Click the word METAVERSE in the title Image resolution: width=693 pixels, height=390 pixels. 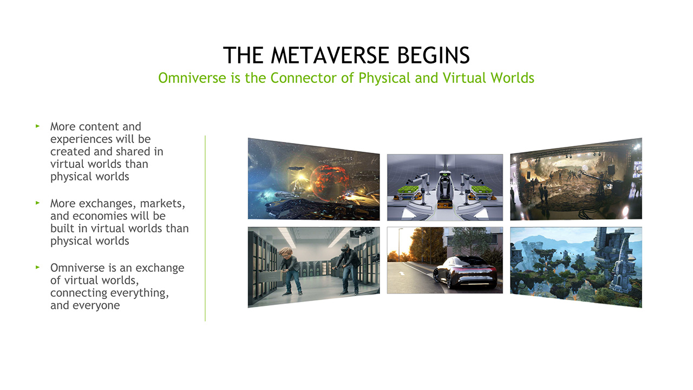[330, 55]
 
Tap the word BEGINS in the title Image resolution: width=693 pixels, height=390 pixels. [434, 55]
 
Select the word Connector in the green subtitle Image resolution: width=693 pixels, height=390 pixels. [304, 78]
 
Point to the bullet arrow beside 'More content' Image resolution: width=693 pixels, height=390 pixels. [38, 126]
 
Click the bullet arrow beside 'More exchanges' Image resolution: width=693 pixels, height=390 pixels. [38, 203]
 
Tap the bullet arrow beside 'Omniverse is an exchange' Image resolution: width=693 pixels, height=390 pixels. [38, 267]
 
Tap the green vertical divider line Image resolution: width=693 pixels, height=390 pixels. [205, 229]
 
